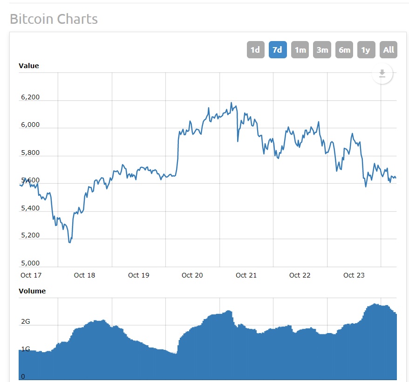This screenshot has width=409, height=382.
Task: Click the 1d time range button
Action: pyautogui.click(x=255, y=50)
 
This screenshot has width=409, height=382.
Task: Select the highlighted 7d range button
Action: pyautogui.click(x=277, y=50)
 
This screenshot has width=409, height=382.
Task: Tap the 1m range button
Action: pyautogui.click(x=300, y=50)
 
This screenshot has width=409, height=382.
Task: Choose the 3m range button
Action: pyautogui.click(x=322, y=50)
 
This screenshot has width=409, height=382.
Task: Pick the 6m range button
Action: pyautogui.click(x=344, y=50)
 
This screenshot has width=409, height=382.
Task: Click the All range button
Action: pyautogui.click(x=389, y=50)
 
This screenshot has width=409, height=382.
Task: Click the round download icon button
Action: pyautogui.click(x=382, y=74)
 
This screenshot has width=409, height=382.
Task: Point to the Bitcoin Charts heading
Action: pyautogui.click(x=54, y=19)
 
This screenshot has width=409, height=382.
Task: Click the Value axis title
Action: pyautogui.click(x=29, y=66)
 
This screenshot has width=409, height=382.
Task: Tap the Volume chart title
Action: pyautogui.click(x=32, y=291)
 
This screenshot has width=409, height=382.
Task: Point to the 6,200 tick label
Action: pyautogui.click(x=30, y=97)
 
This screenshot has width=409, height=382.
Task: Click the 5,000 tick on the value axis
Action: pyautogui.click(x=30, y=263)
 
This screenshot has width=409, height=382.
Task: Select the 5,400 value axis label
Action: pyautogui.click(x=30, y=208)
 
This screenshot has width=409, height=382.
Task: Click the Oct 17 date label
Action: pyautogui.click(x=31, y=275)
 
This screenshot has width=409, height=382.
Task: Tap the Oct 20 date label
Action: pyautogui.click(x=192, y=275)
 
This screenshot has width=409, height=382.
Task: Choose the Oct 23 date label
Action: pyautogui.click(x=354, y=275)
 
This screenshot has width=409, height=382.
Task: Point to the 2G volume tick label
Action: pyautogui.click(x=25, y=322)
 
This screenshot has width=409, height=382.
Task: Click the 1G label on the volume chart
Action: pyautogui.click(x=25, y=349)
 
